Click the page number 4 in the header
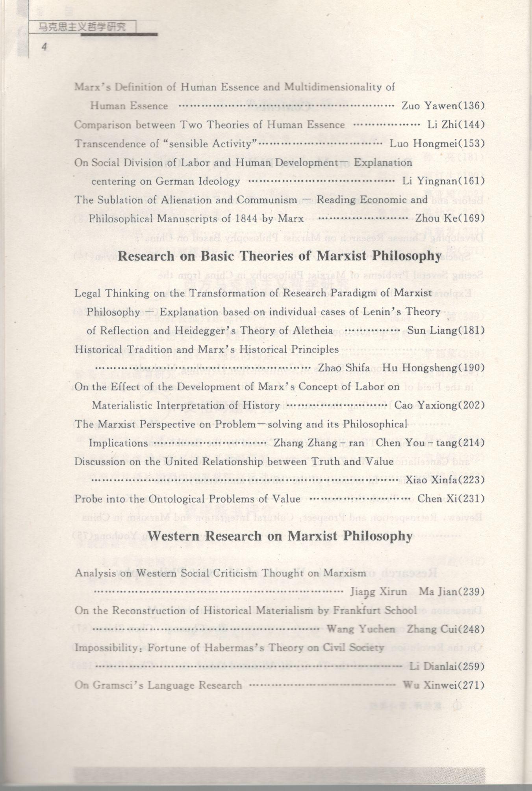click(x=44, y=47)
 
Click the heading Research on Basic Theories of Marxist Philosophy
click(x=279, y=256)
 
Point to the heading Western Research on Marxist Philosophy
click(x=279, y=536)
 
